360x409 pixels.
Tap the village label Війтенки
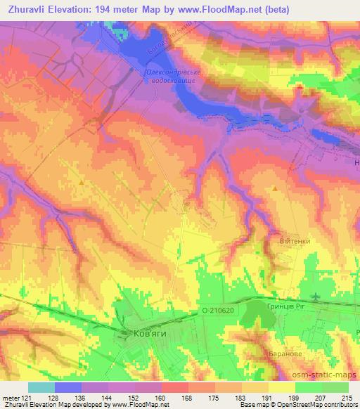pos(295,239)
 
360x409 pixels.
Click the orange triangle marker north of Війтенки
pos(275,188)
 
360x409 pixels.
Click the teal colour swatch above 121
pos(41,387)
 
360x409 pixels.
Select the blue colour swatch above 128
pos(68,387)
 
